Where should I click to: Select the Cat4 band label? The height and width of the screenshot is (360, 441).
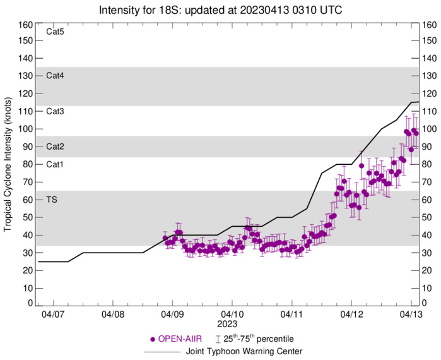(56, 76)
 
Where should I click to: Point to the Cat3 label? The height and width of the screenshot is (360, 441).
(56, 111)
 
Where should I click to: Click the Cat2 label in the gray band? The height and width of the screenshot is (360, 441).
(56, 147)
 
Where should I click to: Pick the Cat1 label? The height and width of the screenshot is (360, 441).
(56, 164)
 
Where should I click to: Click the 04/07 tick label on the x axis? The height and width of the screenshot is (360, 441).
(53, 313)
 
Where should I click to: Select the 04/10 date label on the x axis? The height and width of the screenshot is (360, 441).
(232, 313)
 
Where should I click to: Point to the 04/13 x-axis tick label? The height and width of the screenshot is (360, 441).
(411, 313)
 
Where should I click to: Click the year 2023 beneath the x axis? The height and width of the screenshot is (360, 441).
(232, 322)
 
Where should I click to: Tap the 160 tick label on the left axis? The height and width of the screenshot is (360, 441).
(25, 25)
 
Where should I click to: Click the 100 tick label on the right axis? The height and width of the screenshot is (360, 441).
(430, 129)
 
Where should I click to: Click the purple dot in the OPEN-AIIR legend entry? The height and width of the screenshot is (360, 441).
(152, 339)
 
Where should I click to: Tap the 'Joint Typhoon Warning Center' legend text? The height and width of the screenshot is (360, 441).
(244, 351)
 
